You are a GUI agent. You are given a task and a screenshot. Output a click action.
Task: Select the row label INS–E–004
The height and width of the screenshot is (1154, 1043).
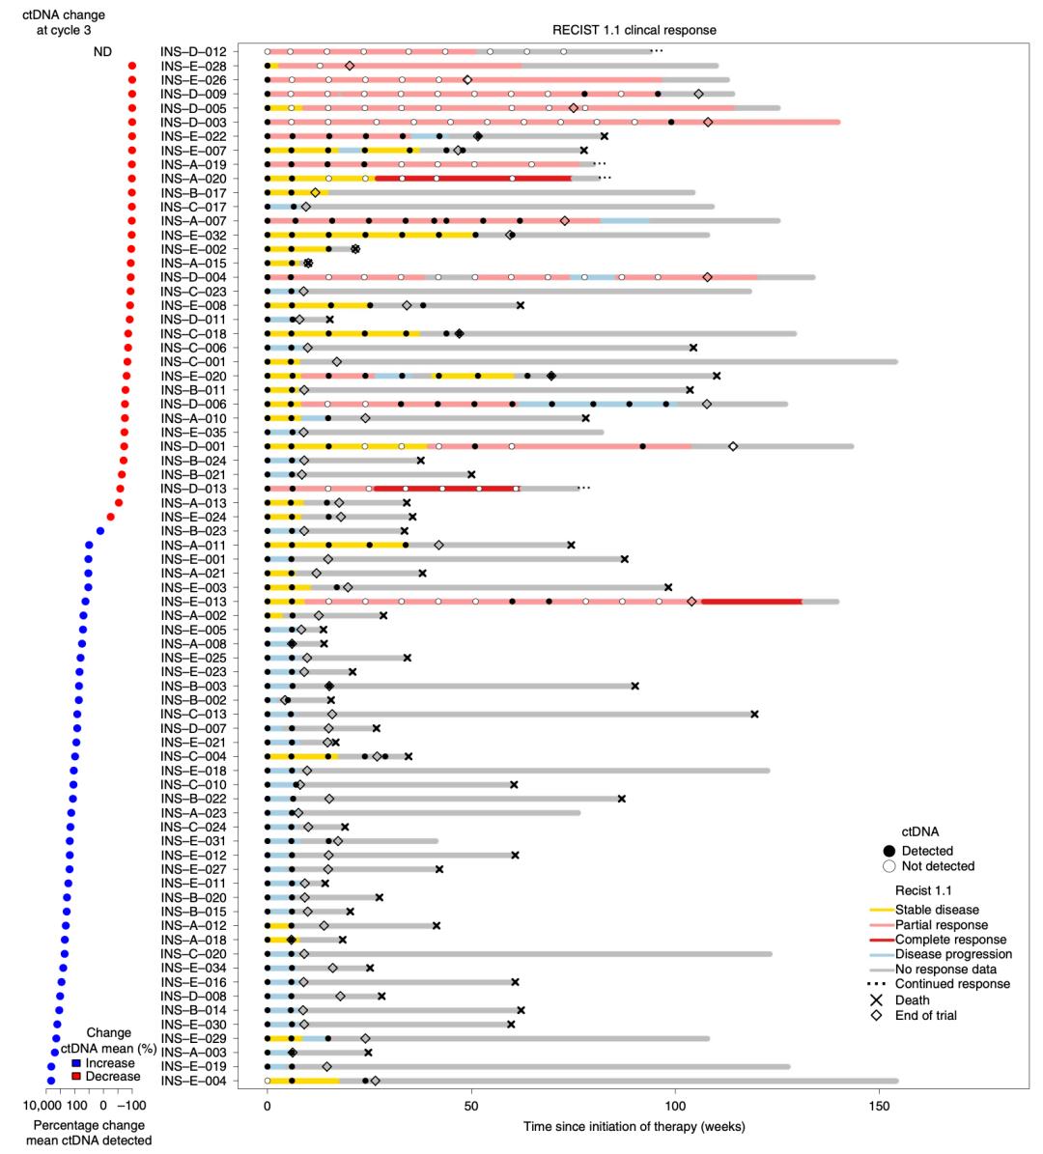point(193,1081)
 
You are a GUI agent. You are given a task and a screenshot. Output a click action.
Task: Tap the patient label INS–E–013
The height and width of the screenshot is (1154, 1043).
point(193,602)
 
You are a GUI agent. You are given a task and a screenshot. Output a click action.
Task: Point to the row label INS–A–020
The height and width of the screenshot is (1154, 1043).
point(193,179)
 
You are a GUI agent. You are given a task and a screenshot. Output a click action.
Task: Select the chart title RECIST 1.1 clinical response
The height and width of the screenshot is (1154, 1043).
point(634,30)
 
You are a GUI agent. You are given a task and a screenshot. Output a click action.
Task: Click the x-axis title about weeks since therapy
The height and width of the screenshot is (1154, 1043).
point(634,1127)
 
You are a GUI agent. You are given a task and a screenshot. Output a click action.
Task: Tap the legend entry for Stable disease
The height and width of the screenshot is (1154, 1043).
point(937,910)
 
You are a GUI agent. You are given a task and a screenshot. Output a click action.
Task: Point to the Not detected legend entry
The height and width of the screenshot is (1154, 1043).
point(938,866)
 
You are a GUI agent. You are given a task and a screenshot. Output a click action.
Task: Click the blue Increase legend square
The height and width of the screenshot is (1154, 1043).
point(76,1063)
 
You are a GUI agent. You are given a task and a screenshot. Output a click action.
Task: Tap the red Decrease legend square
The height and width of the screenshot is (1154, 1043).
point(76,1076)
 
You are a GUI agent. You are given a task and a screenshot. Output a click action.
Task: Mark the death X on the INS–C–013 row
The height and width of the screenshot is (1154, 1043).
point(754,715)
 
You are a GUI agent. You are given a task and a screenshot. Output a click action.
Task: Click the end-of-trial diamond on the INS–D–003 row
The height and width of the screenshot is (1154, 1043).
point(708,123)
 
